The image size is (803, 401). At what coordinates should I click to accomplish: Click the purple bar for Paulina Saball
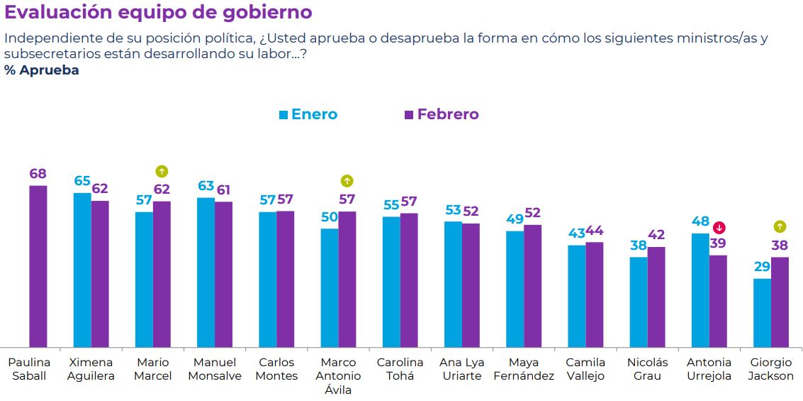[38, 266]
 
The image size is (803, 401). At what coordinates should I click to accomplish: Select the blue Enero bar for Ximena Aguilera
[82, 270]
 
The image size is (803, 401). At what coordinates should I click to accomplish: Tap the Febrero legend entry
[441, 114]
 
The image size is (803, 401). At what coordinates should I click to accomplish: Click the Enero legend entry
[308, 114]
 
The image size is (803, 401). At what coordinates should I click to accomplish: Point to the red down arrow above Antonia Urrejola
[719, 227]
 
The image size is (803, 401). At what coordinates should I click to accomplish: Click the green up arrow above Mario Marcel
[162, 171]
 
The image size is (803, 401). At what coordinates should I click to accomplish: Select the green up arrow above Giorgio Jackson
[780, 227]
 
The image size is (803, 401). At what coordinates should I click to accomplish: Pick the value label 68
[38, 174]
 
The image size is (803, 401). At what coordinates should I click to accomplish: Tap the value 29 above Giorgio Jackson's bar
[762, 267]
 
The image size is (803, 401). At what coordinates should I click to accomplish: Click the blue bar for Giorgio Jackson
[762, 312]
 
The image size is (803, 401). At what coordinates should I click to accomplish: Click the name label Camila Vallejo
[585, 369]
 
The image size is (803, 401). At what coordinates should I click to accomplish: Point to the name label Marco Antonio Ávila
[338, 375]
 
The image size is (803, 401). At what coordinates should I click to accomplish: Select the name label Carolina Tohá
[400, 369]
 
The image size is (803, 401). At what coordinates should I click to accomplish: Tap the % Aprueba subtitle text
[42, 70]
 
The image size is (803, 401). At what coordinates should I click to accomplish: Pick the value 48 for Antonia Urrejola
[700, 221]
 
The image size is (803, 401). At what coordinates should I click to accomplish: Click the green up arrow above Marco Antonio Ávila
[347, 181]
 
